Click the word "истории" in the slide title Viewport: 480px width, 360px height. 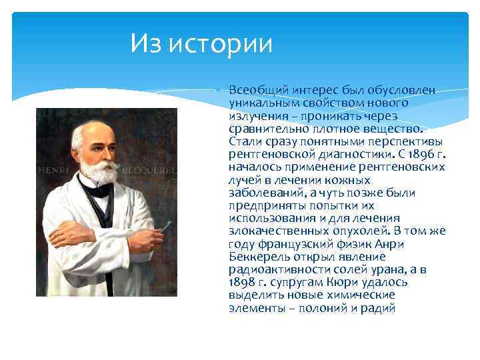222,44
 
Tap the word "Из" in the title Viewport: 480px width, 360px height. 146,44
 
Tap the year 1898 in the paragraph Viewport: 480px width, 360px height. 242,282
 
